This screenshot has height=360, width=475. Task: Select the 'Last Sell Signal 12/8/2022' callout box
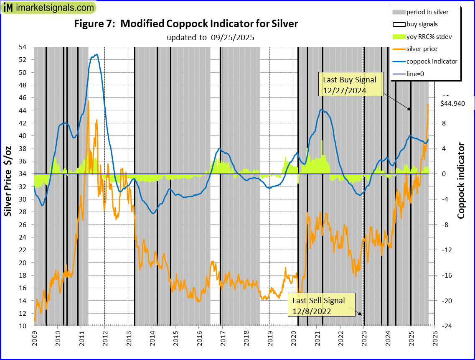318,306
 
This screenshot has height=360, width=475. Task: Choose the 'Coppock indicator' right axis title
461,181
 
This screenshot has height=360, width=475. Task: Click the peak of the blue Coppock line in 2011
97,54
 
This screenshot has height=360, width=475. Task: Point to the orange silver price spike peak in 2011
88,101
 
